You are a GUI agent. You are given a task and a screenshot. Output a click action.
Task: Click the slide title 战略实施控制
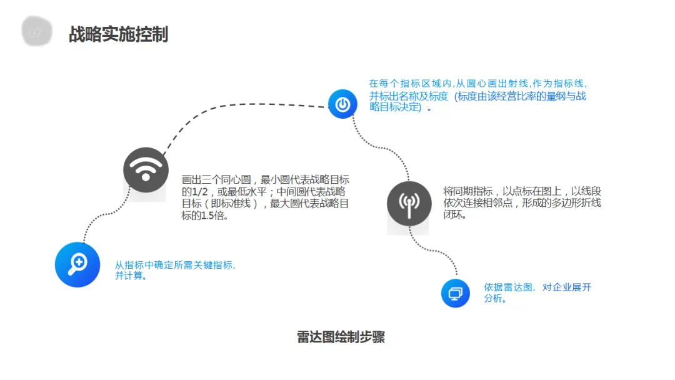[x=118, y=34]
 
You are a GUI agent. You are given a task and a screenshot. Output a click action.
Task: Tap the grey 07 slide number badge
[x=36, y=33]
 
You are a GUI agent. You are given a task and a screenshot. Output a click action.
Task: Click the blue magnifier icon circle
[x=77, y=264]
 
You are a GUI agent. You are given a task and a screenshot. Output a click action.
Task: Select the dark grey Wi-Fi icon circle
[x=146, y=169]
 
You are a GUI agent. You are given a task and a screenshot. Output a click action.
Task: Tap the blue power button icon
[x=342, y=104]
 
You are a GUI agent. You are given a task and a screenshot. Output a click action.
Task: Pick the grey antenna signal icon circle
[x=409, y=203]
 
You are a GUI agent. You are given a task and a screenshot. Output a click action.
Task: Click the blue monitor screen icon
[x=455, y=292]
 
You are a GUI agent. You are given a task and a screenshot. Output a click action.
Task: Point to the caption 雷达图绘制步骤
[x=341, y=337]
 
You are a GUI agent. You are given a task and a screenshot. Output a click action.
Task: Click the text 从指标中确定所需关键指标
[x=175, y=265]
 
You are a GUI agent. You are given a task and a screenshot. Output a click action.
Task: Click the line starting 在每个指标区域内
[x=477, y=83]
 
